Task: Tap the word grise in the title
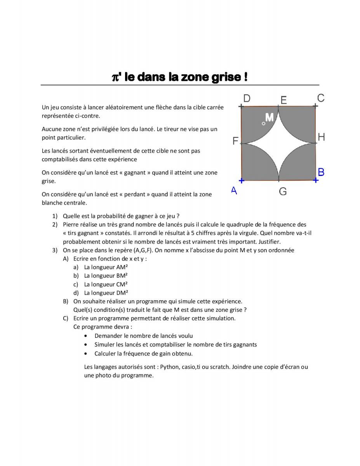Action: [x=227, y=77]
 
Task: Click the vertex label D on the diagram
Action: [x=246, y=98]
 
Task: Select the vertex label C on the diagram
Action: [x=321, y=98]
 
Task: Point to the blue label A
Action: [x=234, y=190]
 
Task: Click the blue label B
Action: [x=321, y=172]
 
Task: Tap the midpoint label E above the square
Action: [x=283, y=100]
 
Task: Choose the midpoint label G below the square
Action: [x=283, y=191]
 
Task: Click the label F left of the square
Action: [x=235, y=141]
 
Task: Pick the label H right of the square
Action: [x=321, y=137]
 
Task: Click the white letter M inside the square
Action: [x=269, y=118]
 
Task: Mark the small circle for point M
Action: [x=264, y=123]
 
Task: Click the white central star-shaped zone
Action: [x=278, y=143]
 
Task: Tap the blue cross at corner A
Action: [x=241, y=181]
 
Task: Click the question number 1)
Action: [x=55, y=216]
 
